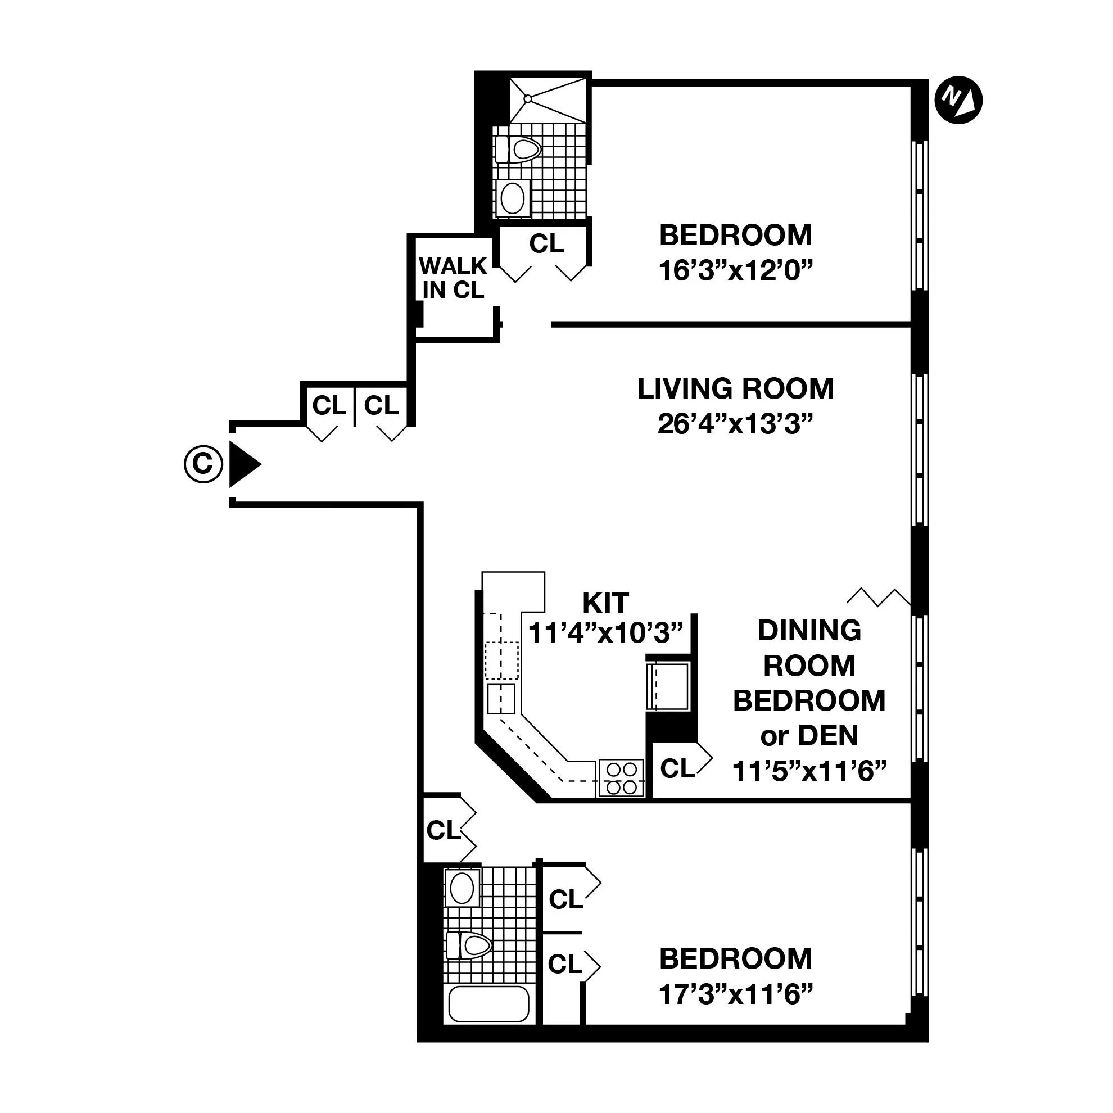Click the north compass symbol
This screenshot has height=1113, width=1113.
coord(958,101)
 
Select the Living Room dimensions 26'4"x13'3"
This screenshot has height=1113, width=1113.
coord(735,425)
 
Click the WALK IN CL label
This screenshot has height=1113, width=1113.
coord(453,278)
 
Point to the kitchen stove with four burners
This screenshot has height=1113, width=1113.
coord(621,779)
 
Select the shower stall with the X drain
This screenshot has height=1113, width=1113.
coord(548,101)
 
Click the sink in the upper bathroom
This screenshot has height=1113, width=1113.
coord(512,198)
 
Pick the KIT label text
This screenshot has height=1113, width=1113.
coord(605,603)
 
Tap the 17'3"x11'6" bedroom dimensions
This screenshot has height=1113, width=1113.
coord(735,994)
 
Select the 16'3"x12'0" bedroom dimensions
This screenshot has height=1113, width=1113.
coord(735,270)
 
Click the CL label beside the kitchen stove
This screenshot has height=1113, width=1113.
coord(677,768)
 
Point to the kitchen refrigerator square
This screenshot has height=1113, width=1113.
coord(668,686)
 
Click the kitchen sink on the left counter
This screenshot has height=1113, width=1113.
coord(501,698)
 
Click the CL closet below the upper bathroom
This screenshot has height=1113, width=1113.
coord(546,244)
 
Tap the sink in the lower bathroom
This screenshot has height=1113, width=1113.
coord(462,888)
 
